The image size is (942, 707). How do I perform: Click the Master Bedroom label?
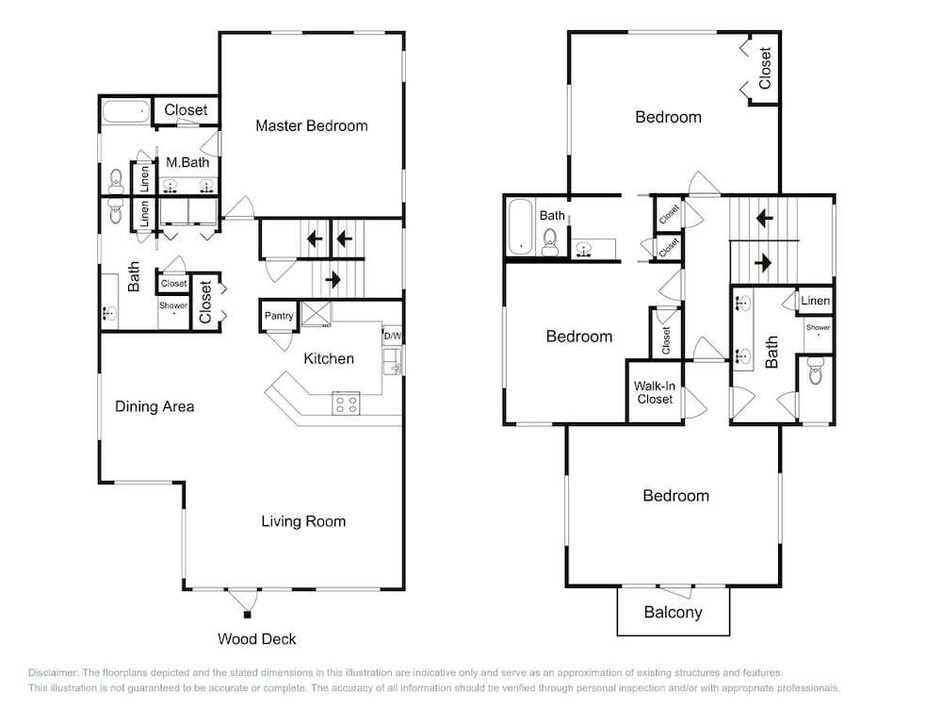[x=311, y=125]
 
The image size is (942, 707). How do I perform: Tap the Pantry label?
[x=279, y=316]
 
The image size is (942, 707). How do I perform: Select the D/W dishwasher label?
[x=392, y=337]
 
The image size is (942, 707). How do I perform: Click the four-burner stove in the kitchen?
[x=346, y=403]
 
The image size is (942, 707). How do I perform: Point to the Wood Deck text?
[x=256, y=639]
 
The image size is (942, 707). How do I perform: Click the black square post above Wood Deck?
[x=246, y=615]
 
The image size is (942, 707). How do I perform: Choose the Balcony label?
[x=673, y=613]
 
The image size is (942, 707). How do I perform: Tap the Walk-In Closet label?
[x=655, y=392]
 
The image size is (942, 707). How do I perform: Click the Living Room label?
[x=303, y=521]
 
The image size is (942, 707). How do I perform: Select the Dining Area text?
[x=154, y=406]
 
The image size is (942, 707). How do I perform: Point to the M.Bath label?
[x=187, y=162]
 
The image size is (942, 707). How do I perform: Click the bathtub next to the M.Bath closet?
[x=125, y=112]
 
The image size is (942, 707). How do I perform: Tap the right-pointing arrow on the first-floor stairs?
[x=333, y=280]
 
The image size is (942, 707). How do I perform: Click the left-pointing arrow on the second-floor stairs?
[x=764, y=218]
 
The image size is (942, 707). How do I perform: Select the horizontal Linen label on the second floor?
[x=815, y=301]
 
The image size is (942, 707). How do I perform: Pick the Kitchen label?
[x=329, y=359]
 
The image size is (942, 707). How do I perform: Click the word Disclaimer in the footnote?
[x=53, y=673]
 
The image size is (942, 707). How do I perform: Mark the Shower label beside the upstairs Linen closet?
[x=819, y=328]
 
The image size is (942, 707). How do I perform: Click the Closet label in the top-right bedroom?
[x=765, y=69]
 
